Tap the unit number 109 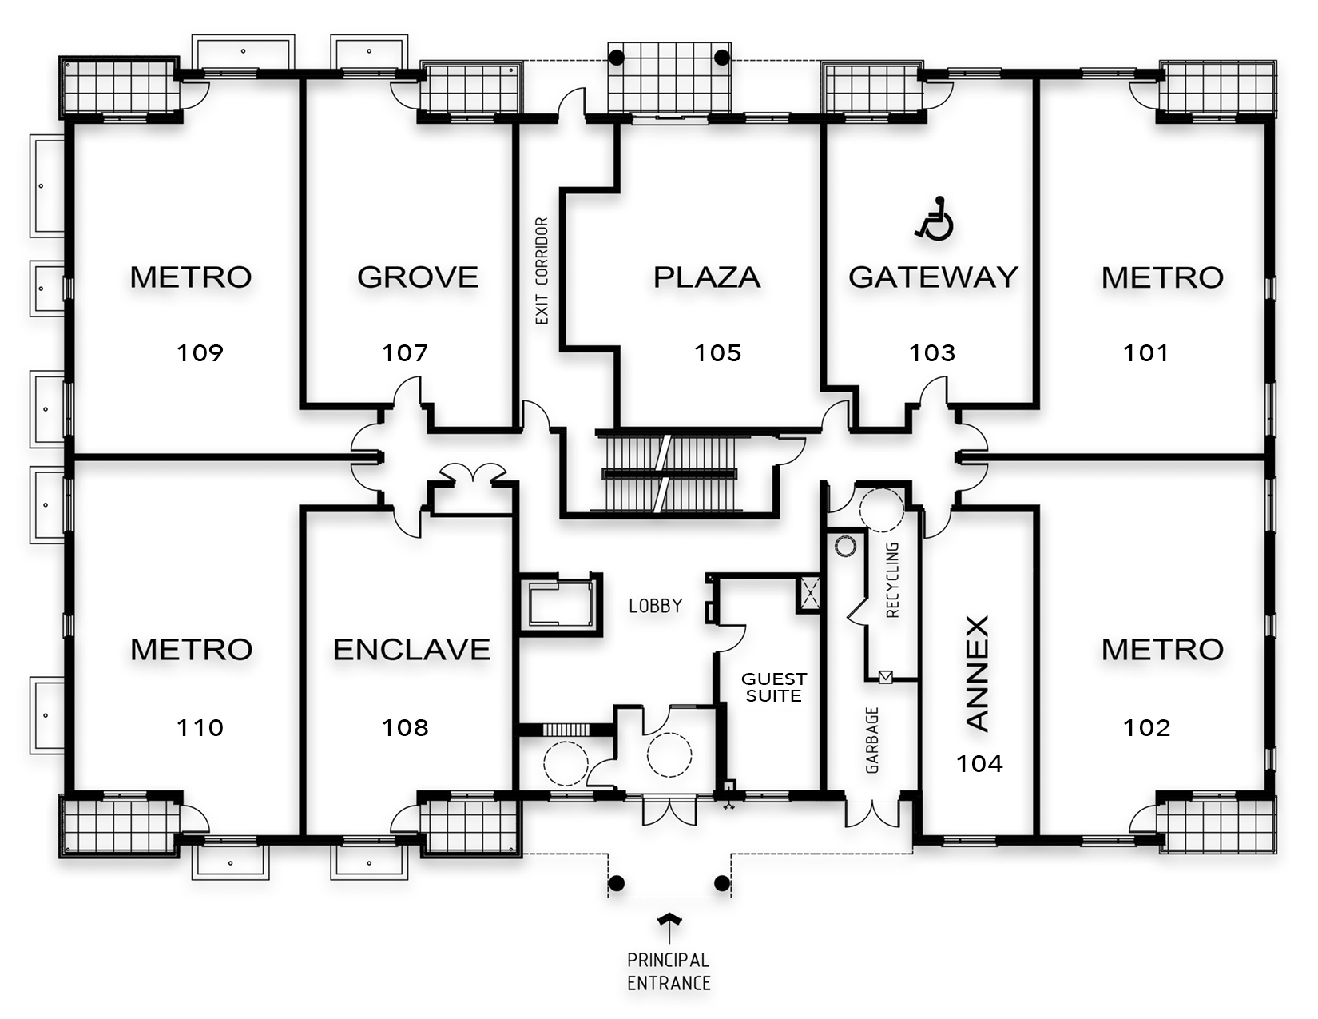coord(200,352)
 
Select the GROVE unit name coord(417,277)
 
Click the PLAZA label coord(707,277)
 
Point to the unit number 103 coord(932,352)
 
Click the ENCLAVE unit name coord(411,649)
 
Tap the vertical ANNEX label coord(978,674)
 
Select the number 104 coord(979,764)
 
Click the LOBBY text coord(655,606)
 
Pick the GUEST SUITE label coord(773,687)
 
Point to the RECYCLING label coord(893,580)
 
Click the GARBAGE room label coord(872,740)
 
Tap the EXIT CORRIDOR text coord(542,271)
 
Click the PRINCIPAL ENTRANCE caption coord(669,971)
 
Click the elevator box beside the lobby coord(560,603)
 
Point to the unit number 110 coord(200,727)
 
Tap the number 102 coord(1146,727)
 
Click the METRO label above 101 coord(1162,277)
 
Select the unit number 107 coord(405,352)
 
